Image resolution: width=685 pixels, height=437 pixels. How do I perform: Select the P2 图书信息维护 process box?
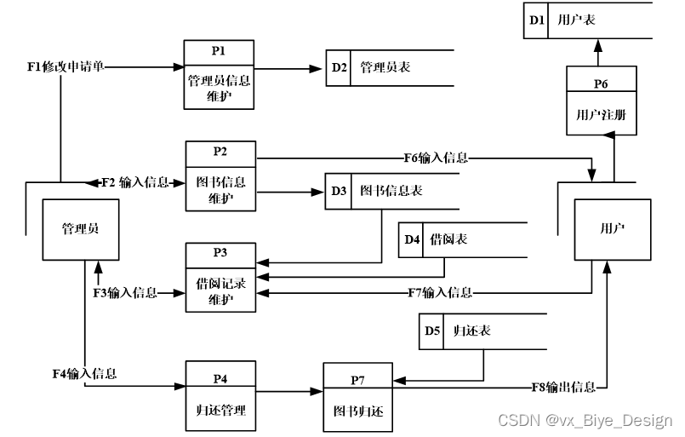pos(220,176)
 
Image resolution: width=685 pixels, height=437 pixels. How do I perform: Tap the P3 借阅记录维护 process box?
pos(220,277)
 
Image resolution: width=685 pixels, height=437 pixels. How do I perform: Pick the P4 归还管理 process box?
pos(219,397)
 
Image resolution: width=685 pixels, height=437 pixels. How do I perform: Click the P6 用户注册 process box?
pos(602,102)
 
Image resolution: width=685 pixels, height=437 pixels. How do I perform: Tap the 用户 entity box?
pos(612,228)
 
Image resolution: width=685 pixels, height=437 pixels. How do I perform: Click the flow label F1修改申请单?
pos(66,66)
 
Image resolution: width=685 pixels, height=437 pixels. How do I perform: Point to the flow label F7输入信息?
pos(440,292)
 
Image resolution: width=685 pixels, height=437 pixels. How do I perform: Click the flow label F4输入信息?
pos(84,373)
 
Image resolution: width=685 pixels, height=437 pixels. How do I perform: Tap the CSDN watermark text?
pos(585,421)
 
